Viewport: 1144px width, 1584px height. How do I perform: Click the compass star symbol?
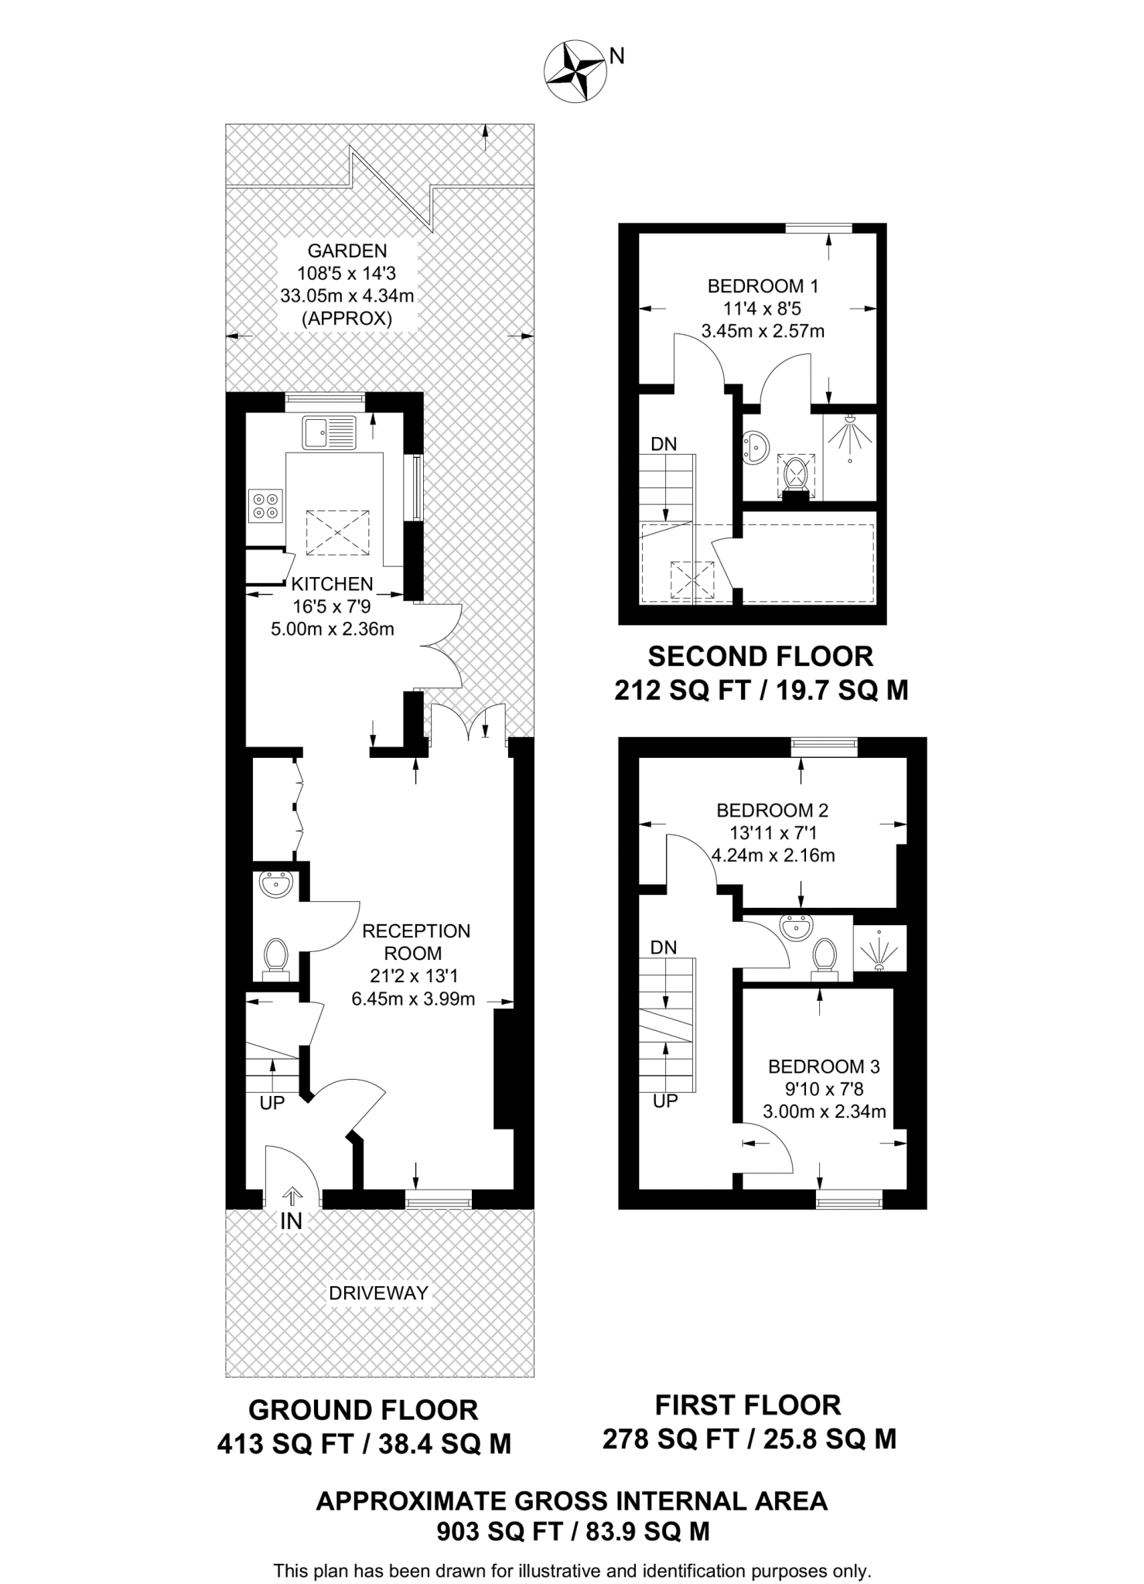575,72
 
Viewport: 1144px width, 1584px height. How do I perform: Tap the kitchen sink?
329,432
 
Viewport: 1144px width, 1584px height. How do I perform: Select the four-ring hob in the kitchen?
265,506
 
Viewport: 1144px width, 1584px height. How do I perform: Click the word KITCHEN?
332,584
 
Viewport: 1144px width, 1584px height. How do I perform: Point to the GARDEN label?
347,251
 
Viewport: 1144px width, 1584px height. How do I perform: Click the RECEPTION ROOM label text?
416,941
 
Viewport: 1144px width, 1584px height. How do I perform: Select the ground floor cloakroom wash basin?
275,883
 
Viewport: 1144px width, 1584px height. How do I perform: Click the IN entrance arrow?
292,1198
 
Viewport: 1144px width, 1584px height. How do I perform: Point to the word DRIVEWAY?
378,1292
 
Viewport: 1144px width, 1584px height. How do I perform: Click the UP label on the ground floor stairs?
272,1103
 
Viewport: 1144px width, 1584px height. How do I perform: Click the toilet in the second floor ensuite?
795,473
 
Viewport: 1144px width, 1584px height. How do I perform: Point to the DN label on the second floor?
664,444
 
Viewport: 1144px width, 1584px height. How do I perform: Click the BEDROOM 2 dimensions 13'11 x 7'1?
772,833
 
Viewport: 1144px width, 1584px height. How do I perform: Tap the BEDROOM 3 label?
824,1067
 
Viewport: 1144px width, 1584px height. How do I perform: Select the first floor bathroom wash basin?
796,926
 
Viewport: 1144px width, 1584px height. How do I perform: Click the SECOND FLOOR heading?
760,657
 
